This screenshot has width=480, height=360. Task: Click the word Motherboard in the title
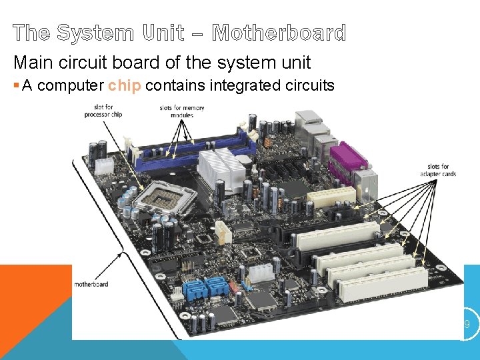coord(279,33)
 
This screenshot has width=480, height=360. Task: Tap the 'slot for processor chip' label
coord(103,111)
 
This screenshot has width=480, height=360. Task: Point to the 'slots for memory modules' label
coord(182,111)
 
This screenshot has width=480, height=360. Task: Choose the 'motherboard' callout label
coord(91,284)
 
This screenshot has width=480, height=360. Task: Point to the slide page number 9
coord(467,324)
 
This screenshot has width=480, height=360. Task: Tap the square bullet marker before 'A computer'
coord(16,85)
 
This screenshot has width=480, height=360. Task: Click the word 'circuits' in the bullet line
coord(312,85)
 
